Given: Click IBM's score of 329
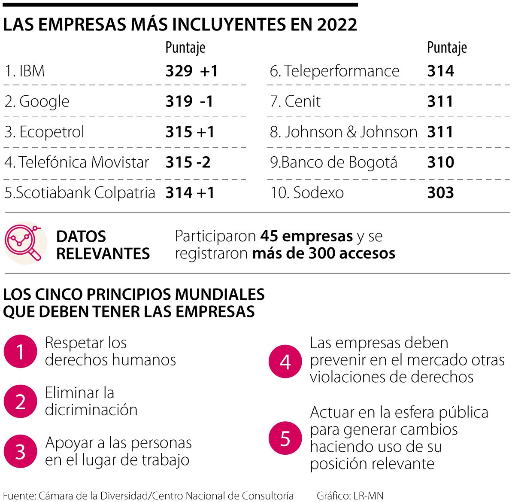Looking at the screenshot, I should point(179,71).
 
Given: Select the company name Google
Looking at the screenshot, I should point(44,102).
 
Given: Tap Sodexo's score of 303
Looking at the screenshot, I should point(440,192).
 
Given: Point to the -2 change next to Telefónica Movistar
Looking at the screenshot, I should point(203,162).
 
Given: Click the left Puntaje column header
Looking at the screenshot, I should point(185,48).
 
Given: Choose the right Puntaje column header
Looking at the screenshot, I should point(447,48).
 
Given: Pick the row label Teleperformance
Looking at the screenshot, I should point(342,71).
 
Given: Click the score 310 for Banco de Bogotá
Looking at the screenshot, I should point(440,162).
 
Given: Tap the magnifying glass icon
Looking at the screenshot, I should point(25,243).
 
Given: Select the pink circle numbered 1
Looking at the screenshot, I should point(20,352).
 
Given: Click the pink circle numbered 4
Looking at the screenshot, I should point(285,362).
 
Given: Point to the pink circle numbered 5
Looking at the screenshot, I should point(285,438).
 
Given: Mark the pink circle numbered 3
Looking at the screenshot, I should point(20,451).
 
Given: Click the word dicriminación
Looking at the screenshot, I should point(91,410).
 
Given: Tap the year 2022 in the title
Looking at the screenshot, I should point(337,25).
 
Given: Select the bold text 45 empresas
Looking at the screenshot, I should point(306,236).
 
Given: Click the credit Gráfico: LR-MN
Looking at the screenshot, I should point(350,496).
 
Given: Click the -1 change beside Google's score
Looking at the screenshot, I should point(206,101).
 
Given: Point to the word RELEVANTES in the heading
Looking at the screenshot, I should point(103,254).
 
